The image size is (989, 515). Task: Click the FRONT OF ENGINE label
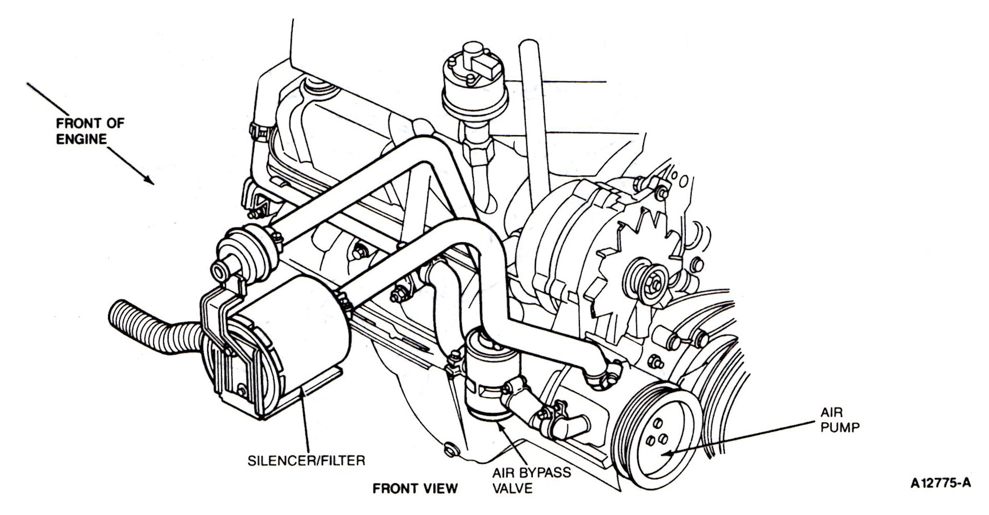[x=90, y=131]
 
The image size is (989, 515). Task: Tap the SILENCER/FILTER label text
[x=306, y=461]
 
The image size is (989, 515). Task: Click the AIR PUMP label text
[x=840, y=420]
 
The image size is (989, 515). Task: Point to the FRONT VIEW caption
[x=415, y=488]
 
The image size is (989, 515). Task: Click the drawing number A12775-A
[x=940, y=483]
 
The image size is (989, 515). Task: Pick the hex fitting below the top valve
[x=478, y=154]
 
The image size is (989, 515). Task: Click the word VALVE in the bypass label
[x=513, y=489]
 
